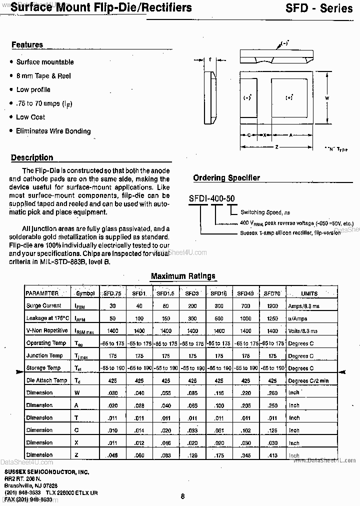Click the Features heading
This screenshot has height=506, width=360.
point(27,45)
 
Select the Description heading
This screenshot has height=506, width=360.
point(32,157)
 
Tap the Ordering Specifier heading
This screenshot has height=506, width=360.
point(226,178)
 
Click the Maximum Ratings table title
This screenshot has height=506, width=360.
point(183,276)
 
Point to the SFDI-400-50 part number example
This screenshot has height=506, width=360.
point(211,198)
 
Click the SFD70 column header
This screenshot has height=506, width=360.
point(272,293)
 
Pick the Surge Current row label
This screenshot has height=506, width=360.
point(43,305)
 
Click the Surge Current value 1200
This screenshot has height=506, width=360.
point(272,305)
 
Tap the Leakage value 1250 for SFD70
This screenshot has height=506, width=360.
point(272,318)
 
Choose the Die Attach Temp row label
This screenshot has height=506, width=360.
point(46,380)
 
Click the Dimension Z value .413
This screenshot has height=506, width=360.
point(272,455)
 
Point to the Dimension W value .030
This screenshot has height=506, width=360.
point(112,392)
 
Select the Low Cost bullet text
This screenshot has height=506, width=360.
point(30,117)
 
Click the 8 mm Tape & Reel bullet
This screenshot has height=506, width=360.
point(43,76)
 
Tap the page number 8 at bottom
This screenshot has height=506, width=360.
point(182,496)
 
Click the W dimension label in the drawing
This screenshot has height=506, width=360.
point(326,98)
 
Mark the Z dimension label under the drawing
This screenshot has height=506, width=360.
point(276,147)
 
